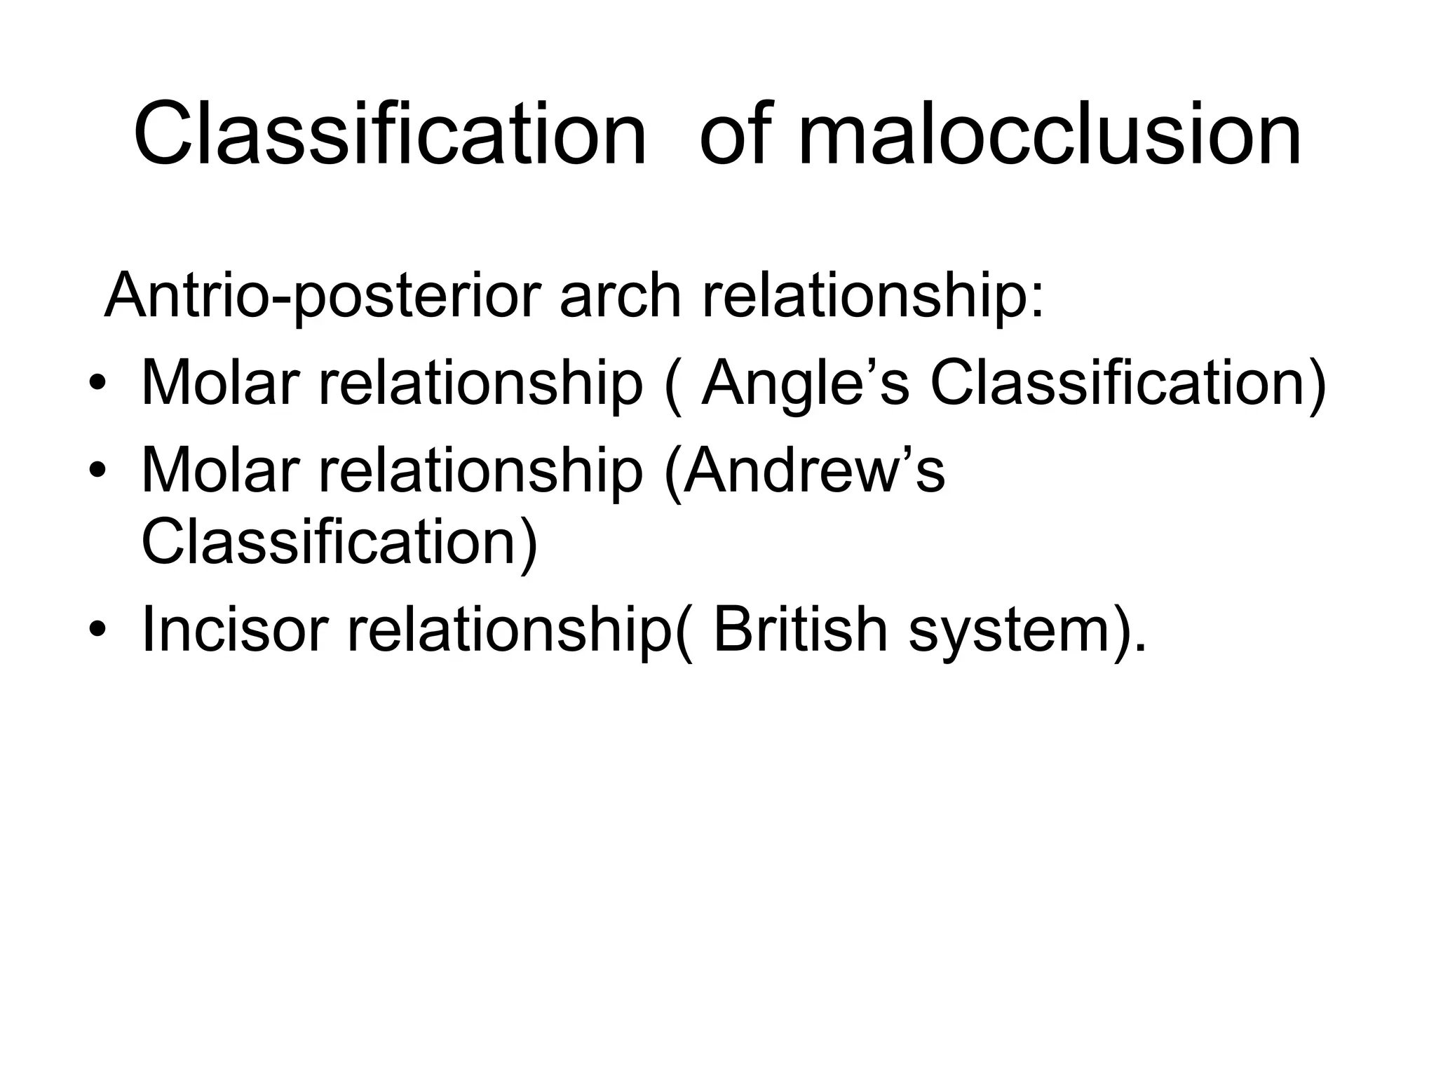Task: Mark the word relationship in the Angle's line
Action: [480, 384]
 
